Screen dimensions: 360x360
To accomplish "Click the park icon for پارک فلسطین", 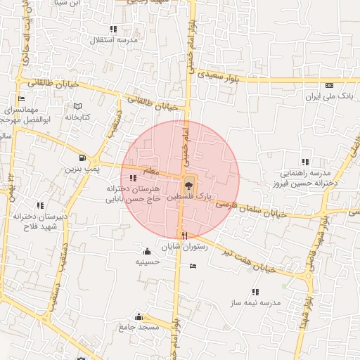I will coord(188,186).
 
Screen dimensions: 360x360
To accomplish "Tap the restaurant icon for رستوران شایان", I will coord(185,236).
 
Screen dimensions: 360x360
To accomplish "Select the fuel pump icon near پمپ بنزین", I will coord(84,158).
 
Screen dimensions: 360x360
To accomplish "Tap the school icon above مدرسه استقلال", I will coord(113,29).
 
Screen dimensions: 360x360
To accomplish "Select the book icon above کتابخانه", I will coord(77,107).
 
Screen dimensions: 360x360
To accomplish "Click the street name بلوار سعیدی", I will coord(214,73).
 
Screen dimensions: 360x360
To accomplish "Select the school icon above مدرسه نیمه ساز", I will coord(255,291).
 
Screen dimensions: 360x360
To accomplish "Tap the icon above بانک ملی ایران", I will coord(328,84).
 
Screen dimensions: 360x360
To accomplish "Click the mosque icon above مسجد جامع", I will coord(139,316).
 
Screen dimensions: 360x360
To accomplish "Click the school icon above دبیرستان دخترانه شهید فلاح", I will coord(39,205).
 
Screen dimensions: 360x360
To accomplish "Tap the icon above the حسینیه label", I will coord(146,251).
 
